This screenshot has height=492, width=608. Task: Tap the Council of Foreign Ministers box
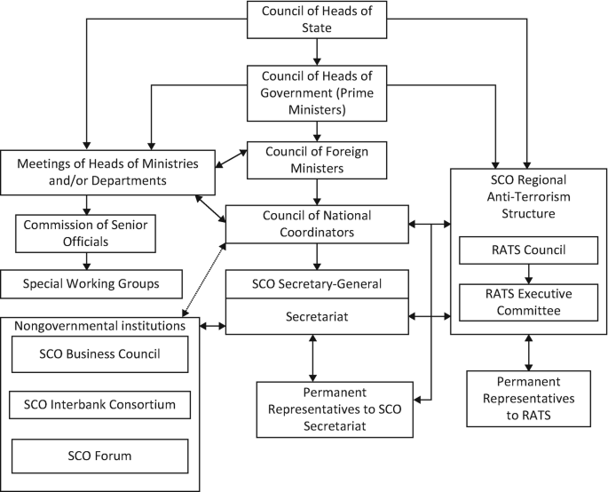[x=318, y=160]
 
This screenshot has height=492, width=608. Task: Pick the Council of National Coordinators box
[x=317, y=224]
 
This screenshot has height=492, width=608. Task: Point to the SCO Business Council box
[x=99, y=354]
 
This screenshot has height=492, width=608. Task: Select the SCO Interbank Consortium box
[x=99, y=405]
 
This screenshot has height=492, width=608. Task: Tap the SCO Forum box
[x=99, y=456]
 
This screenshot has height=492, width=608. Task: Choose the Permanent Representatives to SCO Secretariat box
[x=335, y=409]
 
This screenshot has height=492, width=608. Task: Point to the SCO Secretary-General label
[x=317, y=284]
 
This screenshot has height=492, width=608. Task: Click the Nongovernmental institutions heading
[x=99, y=325]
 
